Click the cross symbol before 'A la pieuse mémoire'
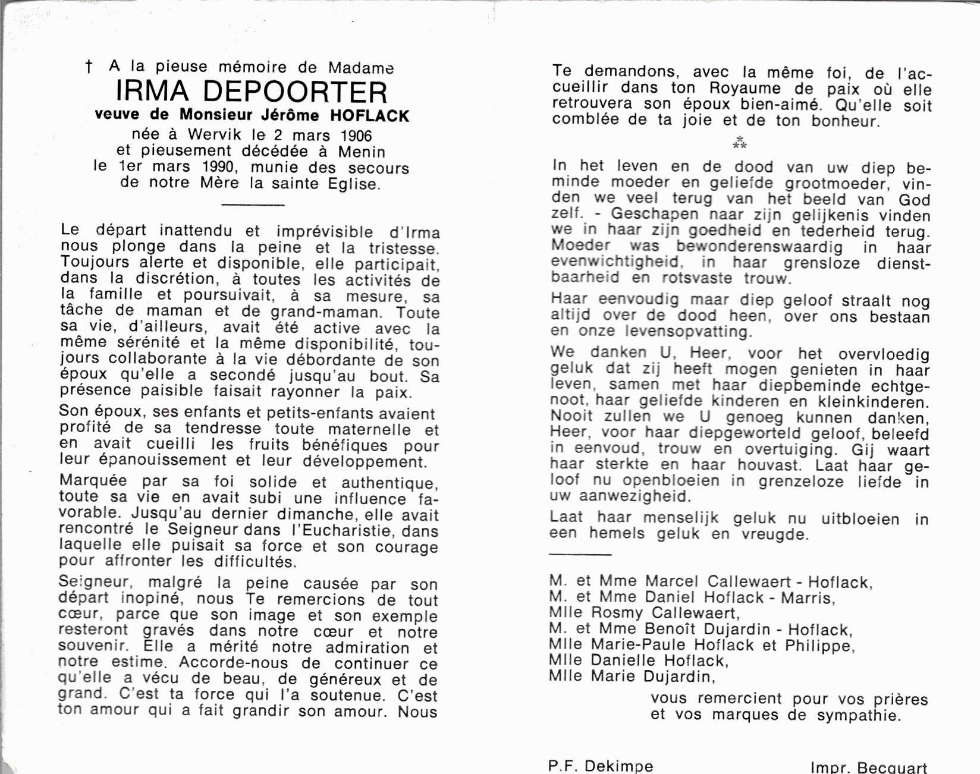click(x=89, y=67)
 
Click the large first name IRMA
click(x=152, y=92)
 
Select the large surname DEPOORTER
click(x=295, y=92)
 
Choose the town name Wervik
click(x=215, y=135)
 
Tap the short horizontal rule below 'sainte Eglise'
click(x=253, y=204)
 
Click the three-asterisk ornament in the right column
click(x=739, y=143)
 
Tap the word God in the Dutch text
click(x=915, y=199)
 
